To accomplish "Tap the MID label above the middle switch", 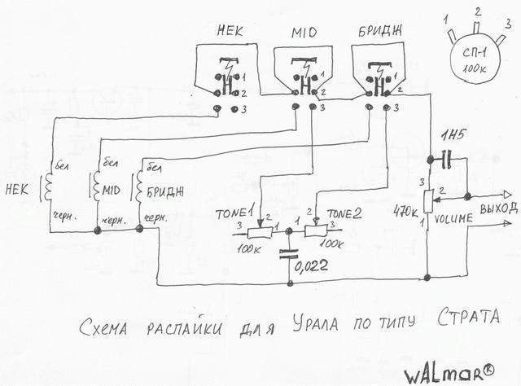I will coord(302,33).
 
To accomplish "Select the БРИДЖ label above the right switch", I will coord(378,31).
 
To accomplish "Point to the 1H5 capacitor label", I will coord(449,135).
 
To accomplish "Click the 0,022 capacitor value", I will coord(313,265).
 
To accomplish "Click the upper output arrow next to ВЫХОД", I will coord(507,195).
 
